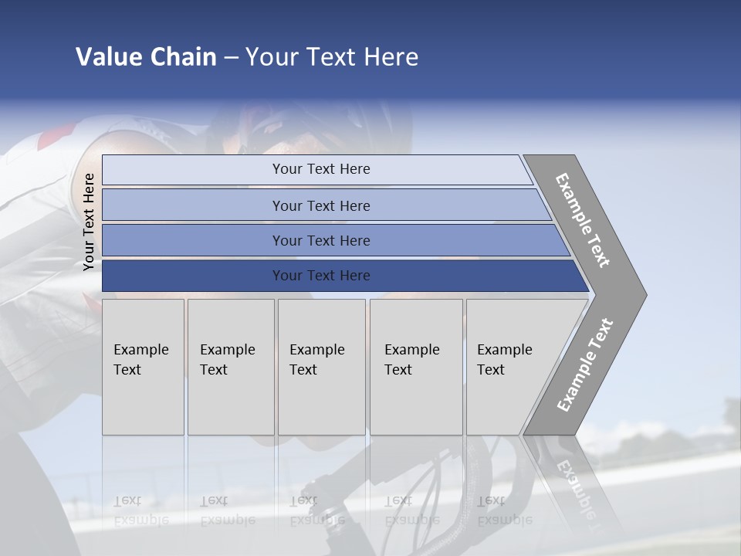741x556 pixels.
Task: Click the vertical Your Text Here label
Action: click(x=89, y=222)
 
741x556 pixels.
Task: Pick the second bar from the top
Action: click(x=321, y=205)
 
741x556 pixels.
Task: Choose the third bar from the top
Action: click(x=321, y=240)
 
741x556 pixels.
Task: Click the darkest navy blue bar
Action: click(x=321, y=276)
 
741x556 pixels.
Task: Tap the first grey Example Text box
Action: click(x=143, y=367)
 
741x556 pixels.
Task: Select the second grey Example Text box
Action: click(x=230, y=367)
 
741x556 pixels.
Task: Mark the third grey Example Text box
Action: click(x=320, y=367)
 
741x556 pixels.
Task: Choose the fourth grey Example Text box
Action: click(x=415, y=367)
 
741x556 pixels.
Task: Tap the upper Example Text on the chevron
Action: click(x=583, y=220)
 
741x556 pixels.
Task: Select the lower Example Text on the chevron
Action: click(x=585, y=365)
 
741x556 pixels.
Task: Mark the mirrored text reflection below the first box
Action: click(x=141, y=510)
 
